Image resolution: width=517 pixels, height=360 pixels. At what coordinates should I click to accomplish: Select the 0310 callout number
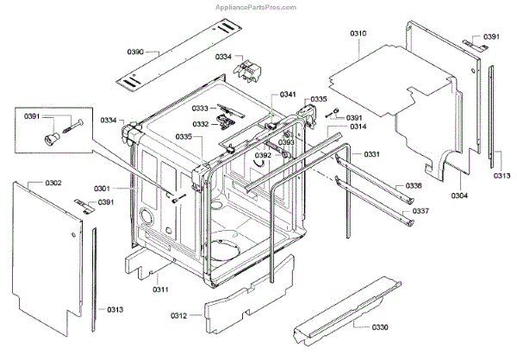[358, 33]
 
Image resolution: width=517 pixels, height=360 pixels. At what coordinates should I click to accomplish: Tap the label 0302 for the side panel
[53, 183]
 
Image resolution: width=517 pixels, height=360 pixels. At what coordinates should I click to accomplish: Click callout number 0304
[460, 195]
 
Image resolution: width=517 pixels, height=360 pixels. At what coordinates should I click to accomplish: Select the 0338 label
[414, 186]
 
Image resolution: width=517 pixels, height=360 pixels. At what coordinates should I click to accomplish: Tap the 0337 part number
[420, 211]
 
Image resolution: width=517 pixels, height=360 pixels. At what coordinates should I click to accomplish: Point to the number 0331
[371, 154]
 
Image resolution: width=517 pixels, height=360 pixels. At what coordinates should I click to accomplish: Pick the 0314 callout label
[358, 127]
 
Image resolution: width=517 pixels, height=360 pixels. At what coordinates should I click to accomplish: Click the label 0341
[288, 94]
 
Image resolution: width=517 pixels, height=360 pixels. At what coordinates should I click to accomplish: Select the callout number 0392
[263, 155]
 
